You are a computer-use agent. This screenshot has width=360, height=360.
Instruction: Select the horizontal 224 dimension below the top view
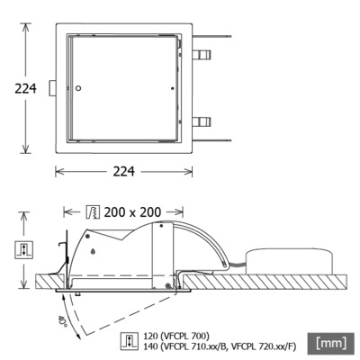(125, 172)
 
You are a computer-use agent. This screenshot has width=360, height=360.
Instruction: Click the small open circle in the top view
(80, 87)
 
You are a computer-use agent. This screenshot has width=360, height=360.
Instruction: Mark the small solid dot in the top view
(171, 87)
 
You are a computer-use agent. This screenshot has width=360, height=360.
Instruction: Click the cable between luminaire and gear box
(237, 262)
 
